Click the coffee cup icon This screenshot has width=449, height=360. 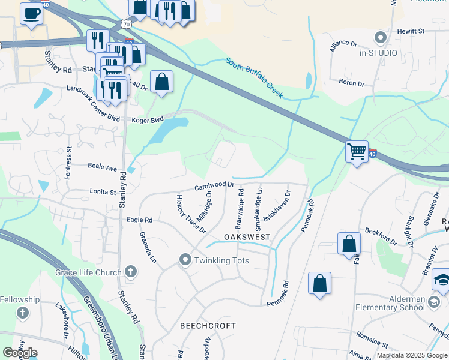31,13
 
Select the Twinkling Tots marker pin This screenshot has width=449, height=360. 185,260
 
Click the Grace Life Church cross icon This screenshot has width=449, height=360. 130,272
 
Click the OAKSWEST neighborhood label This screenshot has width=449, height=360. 247,238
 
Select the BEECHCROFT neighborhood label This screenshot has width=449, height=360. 208,326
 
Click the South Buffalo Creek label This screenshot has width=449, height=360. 255,77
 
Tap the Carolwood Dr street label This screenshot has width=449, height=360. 213,186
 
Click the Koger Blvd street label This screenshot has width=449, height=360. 148,120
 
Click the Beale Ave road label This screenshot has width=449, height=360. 102,167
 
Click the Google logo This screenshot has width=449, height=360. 20,353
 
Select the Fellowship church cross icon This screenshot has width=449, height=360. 22,313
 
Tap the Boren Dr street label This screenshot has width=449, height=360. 351,83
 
